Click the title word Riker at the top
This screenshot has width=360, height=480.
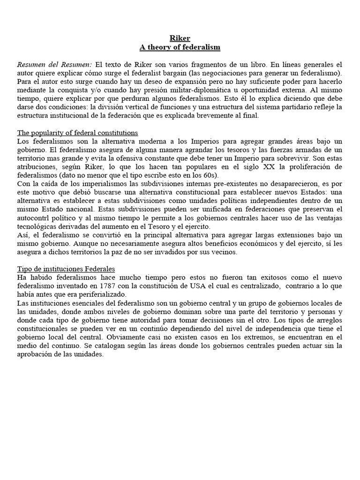coord(180,38)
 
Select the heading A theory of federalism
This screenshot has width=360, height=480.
coord(180,47)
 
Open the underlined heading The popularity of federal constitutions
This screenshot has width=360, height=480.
coord(77,133)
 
